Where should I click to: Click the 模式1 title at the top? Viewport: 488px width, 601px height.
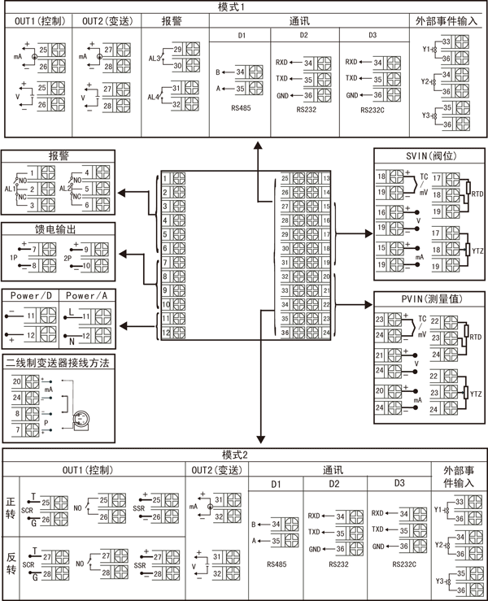pyautogui.click(x=244, y=7)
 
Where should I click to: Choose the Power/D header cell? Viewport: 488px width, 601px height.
pyautogui.click(x=31, y=296)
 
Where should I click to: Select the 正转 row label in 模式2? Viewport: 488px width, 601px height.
pyautogui.click(x=11, y=508)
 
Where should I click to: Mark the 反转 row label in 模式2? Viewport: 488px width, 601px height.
pyautogui.click(x=11, y=563)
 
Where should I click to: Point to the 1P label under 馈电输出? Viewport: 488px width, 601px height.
pyautogui.click(x=14, y=256)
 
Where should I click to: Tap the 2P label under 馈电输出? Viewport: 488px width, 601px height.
pyautogui.click(x=68, y=256)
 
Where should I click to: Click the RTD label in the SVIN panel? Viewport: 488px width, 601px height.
pyautogui.click(x=477, y=195)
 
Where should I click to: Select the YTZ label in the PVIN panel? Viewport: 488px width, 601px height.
pyautogui.click(x=477, y=394)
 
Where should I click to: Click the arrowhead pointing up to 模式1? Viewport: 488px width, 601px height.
pyautogui.click(x=259, y=143)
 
